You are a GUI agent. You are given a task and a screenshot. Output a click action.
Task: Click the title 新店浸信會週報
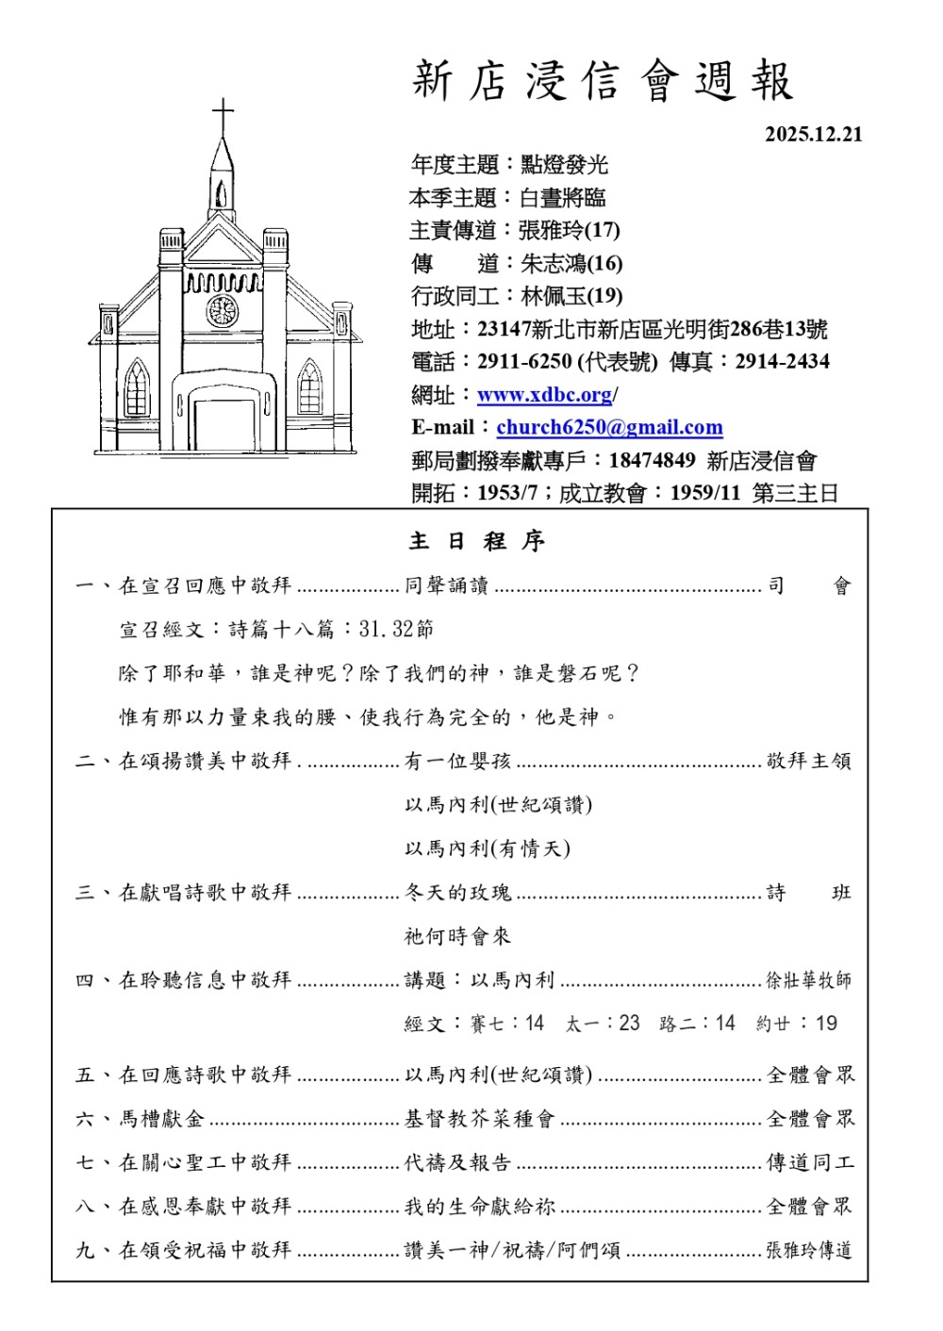coord(602,81)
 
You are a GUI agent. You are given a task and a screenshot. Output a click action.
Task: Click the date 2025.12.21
coord(813,134)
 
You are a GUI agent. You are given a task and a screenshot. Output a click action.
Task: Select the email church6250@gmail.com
coord(609,427)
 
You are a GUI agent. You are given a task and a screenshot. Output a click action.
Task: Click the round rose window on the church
coord(223,310)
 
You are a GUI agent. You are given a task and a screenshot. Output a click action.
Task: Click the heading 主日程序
coord(476,541)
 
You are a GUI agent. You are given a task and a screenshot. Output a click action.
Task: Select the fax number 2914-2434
coord(782,361)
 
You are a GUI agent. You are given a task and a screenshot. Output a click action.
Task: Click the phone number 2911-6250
coord(524,361)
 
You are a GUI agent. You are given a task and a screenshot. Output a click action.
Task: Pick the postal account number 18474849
coord(652,460)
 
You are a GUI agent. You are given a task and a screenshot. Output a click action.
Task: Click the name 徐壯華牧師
coord(808,980)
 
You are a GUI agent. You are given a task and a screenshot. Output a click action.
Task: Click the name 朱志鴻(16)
coord(571,263)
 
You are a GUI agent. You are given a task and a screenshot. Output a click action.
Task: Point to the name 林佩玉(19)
coord(571,296)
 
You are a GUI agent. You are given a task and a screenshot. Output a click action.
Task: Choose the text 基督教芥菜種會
coord(479,1119)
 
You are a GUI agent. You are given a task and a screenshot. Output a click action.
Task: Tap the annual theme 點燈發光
coord(564,165)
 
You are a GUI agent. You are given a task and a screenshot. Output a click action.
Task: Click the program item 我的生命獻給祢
coord(479,1207)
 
